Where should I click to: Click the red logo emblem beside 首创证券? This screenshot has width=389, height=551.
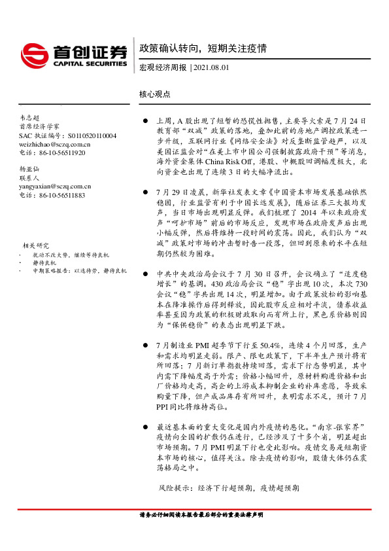tap(35, 54)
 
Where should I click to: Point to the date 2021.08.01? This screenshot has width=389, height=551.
tap(211, 67)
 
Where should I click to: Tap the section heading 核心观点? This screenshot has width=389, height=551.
tap(154, 94)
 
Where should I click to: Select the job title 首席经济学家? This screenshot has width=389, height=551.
tap(39, 126)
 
